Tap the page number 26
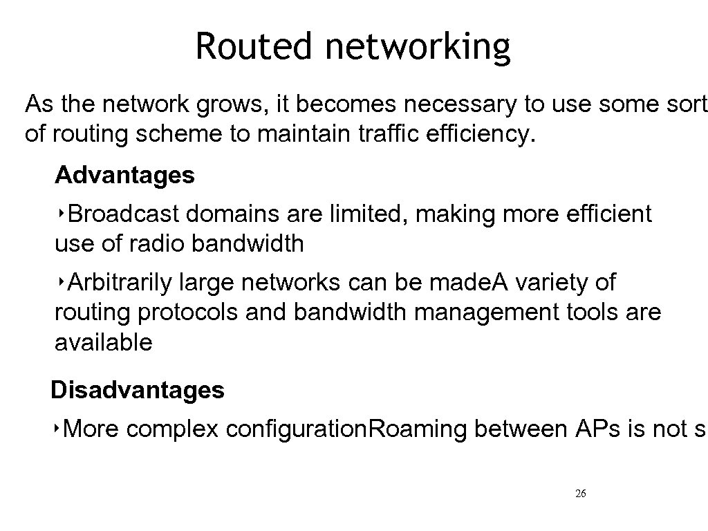click(581, 494)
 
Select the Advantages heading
click(124, 176)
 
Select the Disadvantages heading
click(138, 391)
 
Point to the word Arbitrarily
click(121, 283)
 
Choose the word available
click(103, 342)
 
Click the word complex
click(173, 429)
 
